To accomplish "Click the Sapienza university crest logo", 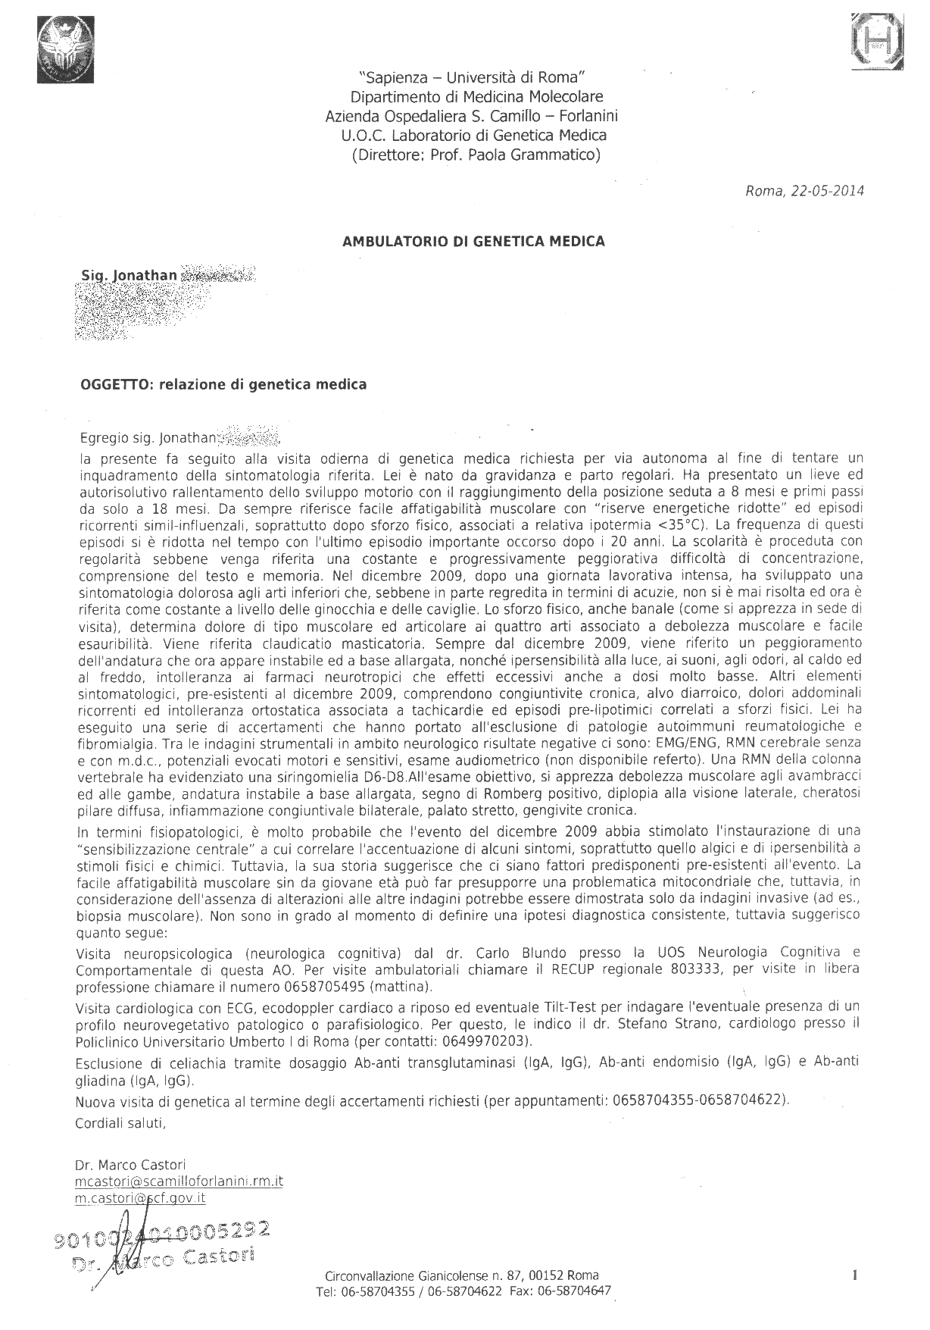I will point(64,51).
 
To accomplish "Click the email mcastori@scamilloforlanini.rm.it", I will point(179,1181).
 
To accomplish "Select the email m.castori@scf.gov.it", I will point(140,1198).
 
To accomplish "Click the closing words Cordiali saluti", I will point(120,1123).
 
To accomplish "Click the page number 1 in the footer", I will point(854,1275).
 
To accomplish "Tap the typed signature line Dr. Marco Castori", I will point(130,1165).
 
